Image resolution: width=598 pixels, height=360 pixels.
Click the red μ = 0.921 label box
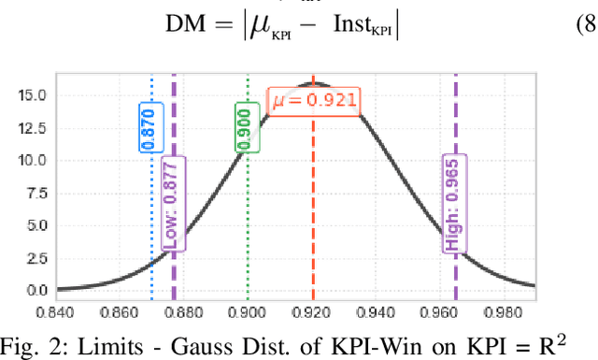pos(313,100)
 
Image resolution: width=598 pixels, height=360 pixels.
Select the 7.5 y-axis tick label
pos(38,193)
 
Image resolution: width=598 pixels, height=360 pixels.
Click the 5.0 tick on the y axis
pos(38,225)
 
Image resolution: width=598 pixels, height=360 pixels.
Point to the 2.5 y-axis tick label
pos(38,258)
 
